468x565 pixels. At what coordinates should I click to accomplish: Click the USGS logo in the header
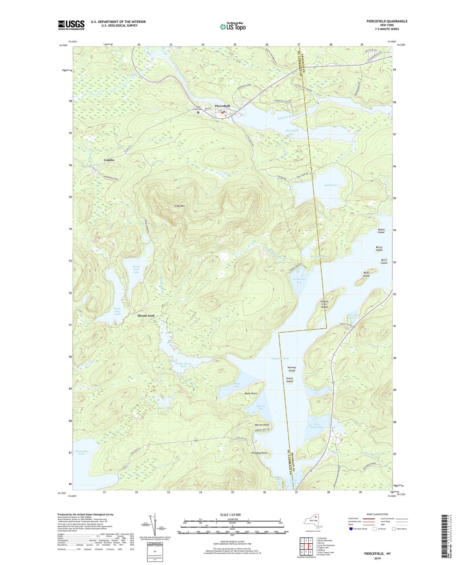pos(71,25)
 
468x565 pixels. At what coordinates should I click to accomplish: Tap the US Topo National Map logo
pos(233,27)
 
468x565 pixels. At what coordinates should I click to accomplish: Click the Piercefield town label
pos(222,106)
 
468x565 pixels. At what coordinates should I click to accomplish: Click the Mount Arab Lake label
pos(136,269)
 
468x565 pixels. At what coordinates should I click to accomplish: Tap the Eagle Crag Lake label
pos(117,311)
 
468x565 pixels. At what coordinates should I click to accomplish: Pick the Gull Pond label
pos(331,185)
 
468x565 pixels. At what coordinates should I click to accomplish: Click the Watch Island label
pos(381,231)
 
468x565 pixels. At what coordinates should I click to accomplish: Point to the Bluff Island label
pos(366,274)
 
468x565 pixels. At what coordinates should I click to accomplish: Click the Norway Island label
pos(291,369)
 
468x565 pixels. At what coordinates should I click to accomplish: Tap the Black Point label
pos(251,393)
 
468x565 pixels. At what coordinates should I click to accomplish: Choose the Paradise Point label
pos(259,453)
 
